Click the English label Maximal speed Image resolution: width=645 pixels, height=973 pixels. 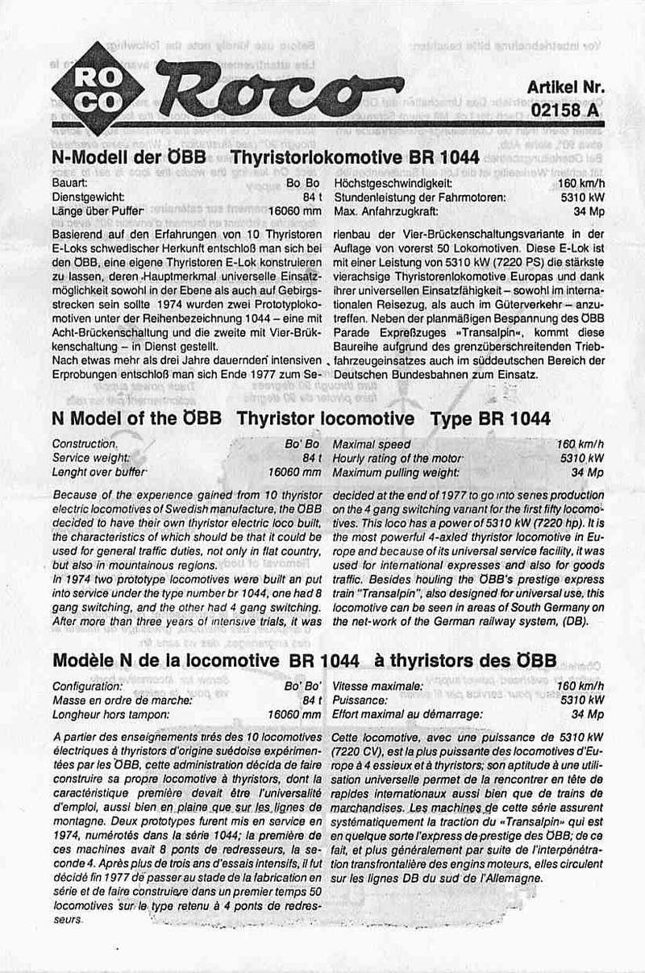coord(372,444)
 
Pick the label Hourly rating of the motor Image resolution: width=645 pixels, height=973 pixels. coord(397,458)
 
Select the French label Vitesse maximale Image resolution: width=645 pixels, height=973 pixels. coord(377,686)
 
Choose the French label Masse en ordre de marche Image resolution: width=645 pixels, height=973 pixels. coord(122,700)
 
